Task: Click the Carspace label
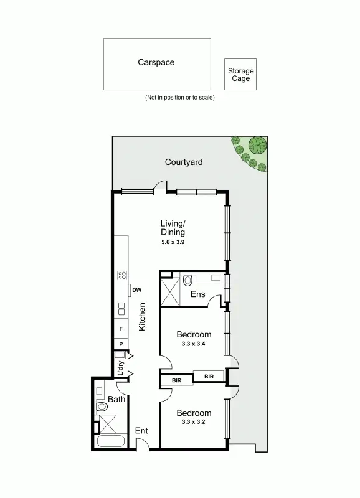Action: click(156, 62)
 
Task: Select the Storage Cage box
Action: click(240, 75)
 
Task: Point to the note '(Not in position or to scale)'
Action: click(179, 98)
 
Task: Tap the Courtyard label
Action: click(184, 162)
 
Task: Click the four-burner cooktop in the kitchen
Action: click(122, 275)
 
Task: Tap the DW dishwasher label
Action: click(136, 289)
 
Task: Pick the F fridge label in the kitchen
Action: click(121, 329)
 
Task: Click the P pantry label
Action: click(121, 344)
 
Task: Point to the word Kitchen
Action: click(142, 316)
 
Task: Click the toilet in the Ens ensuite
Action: click(189, 280)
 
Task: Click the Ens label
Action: click(198, 294)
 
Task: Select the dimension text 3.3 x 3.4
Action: click(193, 344)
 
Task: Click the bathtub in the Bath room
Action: click(111, 443)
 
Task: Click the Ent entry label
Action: click(142, 430)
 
